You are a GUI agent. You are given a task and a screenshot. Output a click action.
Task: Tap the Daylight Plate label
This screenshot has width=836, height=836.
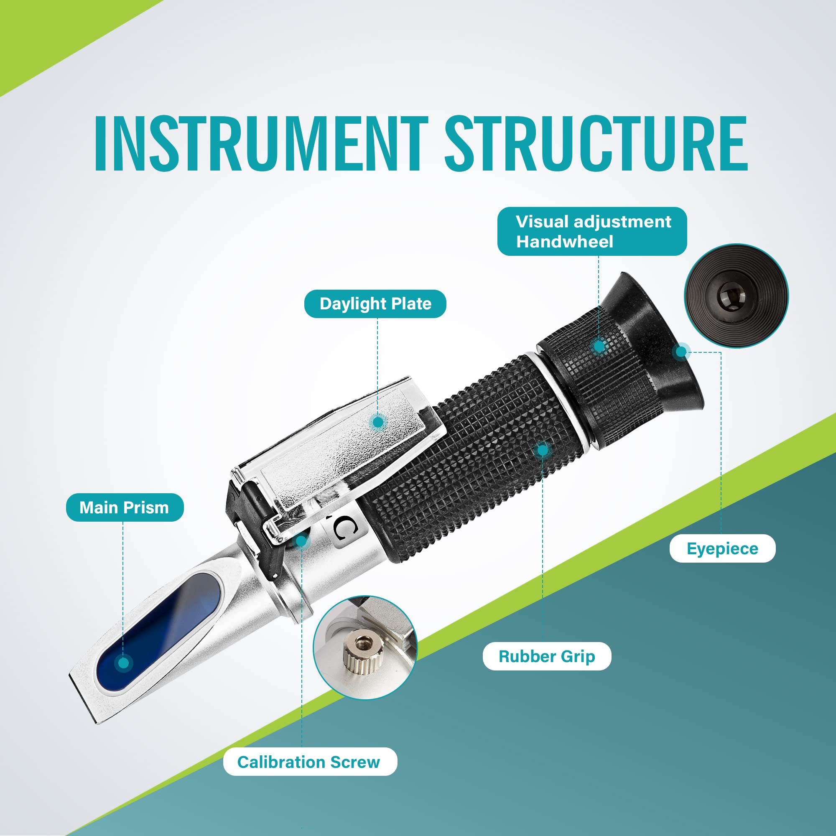point(375,304)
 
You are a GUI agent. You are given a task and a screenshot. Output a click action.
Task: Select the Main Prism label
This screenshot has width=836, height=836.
point(124,507)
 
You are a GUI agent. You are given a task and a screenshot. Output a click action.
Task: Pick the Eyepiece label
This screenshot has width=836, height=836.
point(722,549)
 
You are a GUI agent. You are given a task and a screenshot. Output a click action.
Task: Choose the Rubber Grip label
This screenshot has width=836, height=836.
point(546,656)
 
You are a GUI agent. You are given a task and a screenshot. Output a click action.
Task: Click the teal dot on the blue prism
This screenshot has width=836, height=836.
point(124,663)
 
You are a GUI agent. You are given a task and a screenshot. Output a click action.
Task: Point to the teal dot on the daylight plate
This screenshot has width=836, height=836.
point(378,422)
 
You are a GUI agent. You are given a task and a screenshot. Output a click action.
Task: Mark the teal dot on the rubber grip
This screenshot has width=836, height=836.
point(542,451)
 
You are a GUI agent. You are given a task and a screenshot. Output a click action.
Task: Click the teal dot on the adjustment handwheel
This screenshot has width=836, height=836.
point(599,346)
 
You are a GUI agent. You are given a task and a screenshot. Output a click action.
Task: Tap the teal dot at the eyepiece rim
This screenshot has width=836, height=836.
point(681,352)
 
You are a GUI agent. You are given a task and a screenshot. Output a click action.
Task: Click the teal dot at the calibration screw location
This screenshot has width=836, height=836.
point(302,540)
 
